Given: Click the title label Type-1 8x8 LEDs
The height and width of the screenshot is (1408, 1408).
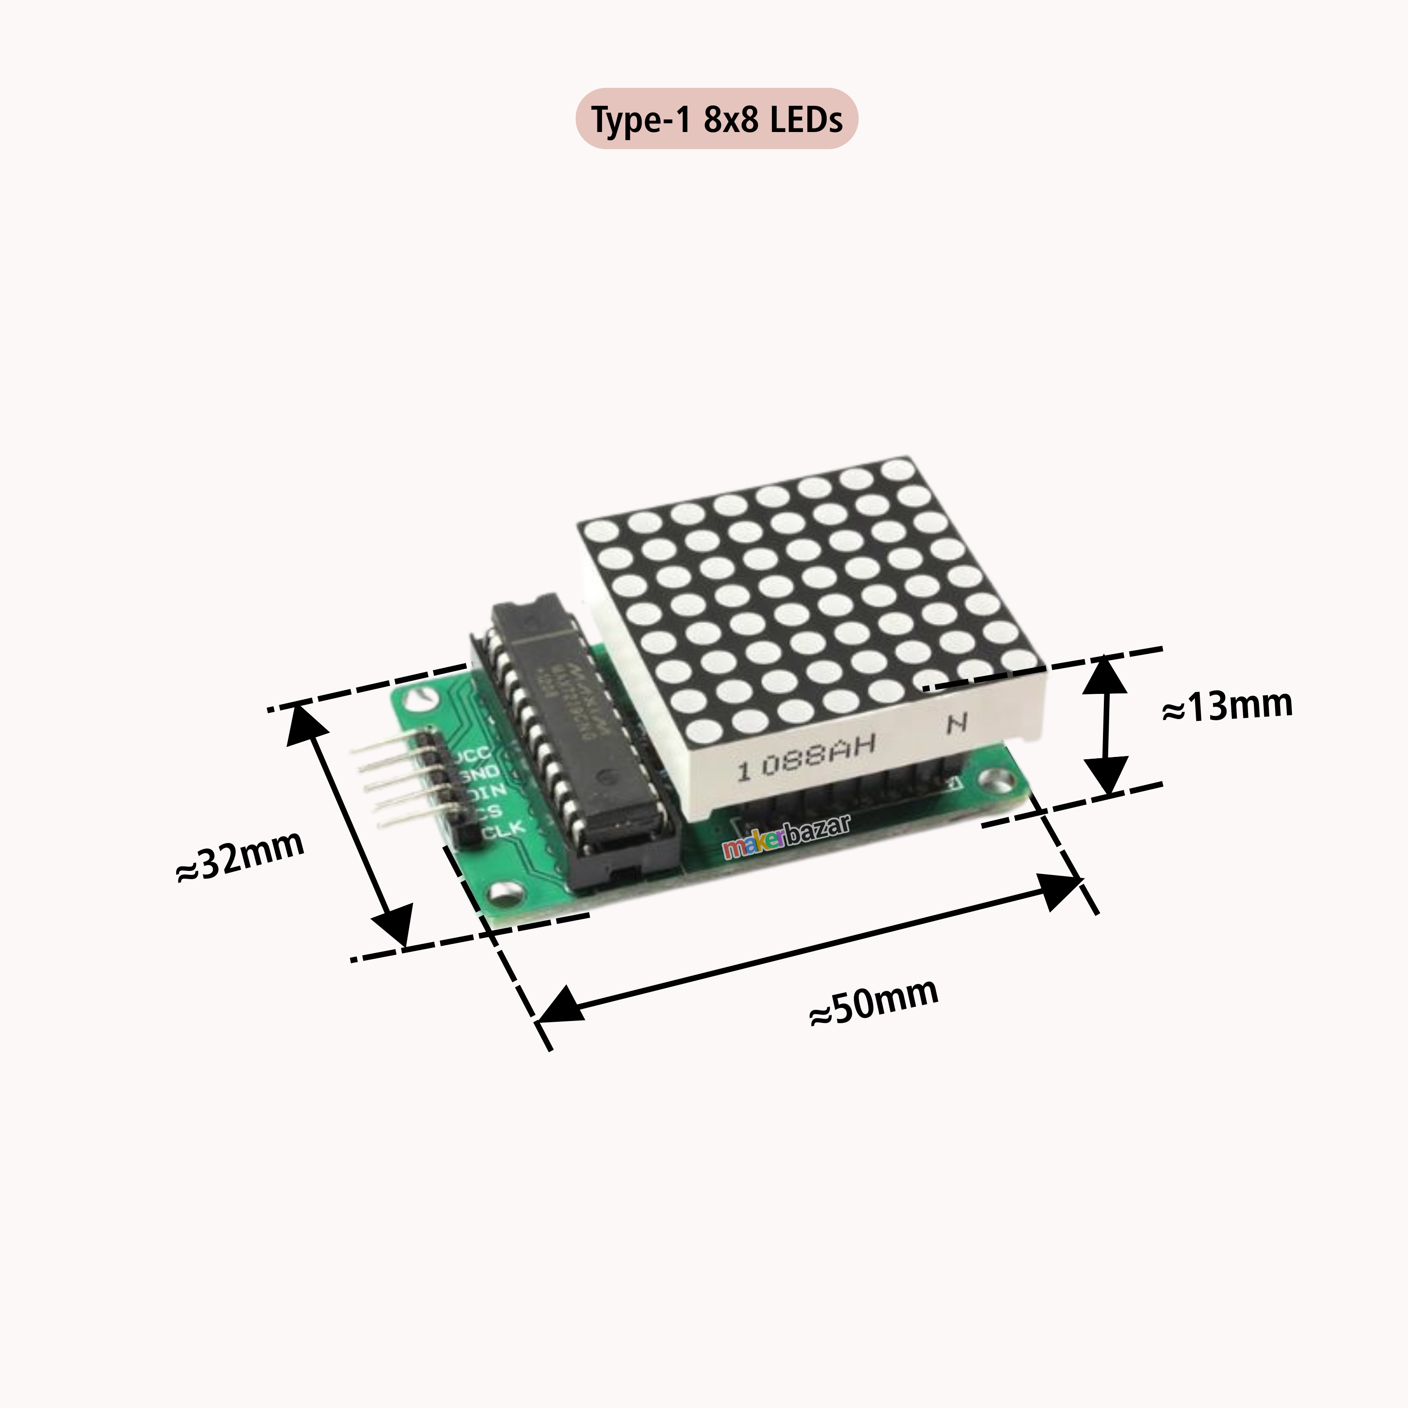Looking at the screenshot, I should coord(716,119).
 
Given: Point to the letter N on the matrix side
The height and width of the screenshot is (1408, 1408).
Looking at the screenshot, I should coord(957,723).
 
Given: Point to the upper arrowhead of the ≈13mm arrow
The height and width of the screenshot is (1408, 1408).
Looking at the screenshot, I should coord(1106,674).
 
